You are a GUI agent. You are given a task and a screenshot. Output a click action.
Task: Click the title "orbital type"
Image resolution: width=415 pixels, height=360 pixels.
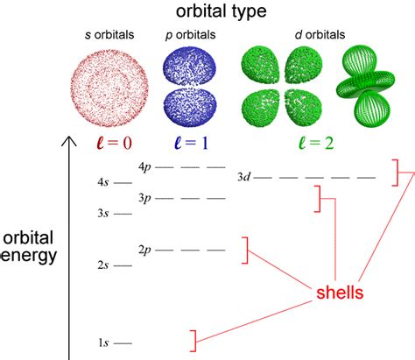click(x=222, y=11)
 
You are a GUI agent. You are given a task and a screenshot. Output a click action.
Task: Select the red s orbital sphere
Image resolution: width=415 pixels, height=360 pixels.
click(x=109, y=88)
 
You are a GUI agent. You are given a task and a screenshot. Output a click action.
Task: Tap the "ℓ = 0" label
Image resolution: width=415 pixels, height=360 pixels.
click(x=114, y=143)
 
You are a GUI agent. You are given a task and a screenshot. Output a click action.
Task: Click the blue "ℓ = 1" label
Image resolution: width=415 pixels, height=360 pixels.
click(x=191, y=143)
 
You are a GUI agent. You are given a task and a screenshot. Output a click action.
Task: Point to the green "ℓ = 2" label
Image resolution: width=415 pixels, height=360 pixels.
click(x=316, y=143)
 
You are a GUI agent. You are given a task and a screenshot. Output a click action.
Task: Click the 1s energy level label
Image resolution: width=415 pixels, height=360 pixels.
click(x=103, y=342)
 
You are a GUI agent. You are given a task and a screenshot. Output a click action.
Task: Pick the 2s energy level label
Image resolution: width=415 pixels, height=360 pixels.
click(x=103, y=265)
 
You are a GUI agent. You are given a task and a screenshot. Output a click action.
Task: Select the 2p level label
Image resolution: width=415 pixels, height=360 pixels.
click(x=144, y=251)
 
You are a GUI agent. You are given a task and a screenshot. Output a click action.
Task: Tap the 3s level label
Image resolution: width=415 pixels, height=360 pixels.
click(x=103, y=214)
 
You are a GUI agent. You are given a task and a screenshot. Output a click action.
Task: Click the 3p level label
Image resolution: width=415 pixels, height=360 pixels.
click(x=144, y=199)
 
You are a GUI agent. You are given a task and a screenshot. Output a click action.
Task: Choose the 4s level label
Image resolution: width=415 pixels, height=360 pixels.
click(x=103, y=182)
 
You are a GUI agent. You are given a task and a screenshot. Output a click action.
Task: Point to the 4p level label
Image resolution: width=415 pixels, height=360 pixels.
click(x=144, y=168)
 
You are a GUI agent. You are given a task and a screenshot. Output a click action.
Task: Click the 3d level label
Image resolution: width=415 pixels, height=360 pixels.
click(x=243, y=177)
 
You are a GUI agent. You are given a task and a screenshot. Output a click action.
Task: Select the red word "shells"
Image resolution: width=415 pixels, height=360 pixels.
click(x=340, y=293)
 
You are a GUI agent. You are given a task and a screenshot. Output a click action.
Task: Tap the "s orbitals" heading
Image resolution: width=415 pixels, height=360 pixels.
click(x=109, y=35)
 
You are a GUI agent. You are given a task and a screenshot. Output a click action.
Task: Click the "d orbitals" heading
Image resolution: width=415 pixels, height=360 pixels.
click(x=320, y=35)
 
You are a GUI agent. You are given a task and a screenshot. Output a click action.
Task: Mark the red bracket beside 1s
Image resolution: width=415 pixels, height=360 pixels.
click(x=194, y=341)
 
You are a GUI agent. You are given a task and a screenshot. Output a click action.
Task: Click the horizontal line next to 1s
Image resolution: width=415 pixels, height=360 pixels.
click(x=123, y=343)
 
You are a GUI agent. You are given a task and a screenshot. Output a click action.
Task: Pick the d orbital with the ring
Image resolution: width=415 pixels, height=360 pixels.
click(x=366, y=86)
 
